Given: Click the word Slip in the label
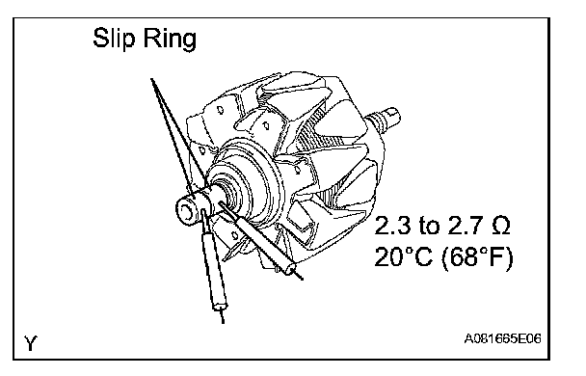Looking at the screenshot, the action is [x=113, y=38].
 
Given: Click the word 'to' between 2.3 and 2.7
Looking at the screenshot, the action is [x=429, y=227].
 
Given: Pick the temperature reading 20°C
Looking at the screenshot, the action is [x=403, y=257].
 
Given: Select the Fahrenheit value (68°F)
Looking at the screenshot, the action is [x=477, y=257].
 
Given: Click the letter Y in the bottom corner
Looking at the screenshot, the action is [x=31, y=343].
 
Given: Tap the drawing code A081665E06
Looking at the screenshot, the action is [x=503, y=338].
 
